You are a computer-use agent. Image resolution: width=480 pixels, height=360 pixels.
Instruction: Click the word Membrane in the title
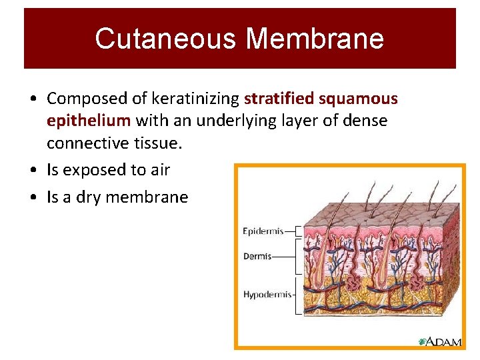click(315, 38)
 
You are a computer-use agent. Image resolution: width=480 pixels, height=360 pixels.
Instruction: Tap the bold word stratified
click(279, 99)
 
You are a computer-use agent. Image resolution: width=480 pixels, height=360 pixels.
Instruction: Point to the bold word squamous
click(358, 99)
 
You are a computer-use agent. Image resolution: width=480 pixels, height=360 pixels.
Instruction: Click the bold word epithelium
click(89, 121)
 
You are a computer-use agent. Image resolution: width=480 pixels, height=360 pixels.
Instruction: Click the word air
click(160, 170)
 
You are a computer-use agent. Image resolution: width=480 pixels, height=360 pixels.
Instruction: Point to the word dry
click(86, 197)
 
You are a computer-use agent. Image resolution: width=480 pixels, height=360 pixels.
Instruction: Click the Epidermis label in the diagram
click(263, 231)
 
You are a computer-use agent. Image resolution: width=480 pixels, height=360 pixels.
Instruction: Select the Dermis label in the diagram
click(257, 256)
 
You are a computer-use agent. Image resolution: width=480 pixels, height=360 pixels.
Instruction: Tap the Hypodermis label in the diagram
click(266, 294)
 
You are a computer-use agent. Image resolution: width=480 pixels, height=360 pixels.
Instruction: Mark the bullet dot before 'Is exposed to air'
click(33, 171)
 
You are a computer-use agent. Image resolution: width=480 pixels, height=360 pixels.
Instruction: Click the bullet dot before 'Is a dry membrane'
click(33, 198)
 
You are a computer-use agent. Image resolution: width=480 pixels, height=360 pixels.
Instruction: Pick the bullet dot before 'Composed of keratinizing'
click(33, 99)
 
